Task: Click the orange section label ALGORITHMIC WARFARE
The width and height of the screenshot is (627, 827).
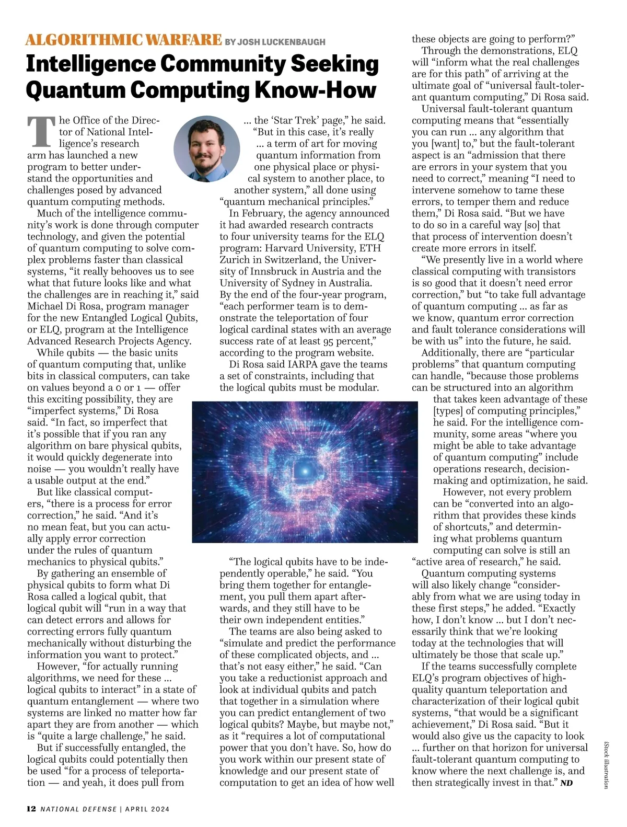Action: pyautogui.click(x=124, y=40)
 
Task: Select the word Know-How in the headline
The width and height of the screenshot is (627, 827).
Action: pyautogui.click(x=315, y=89)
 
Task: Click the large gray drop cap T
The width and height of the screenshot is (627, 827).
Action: pyautogui.click(x=41, y=131)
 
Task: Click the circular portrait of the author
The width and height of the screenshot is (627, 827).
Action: pyautogui.click(x=207, y=148)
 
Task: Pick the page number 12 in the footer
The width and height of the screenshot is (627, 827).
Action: pyautogui.click(x=31, y=809)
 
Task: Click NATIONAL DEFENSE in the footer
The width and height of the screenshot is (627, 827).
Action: pyautogui.click(x=79, y=809)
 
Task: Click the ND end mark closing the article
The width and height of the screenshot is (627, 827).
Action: pyautogui.click(x=566, y=783)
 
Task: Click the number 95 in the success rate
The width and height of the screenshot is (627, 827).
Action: pyautogui.click(x=327, y=341)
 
